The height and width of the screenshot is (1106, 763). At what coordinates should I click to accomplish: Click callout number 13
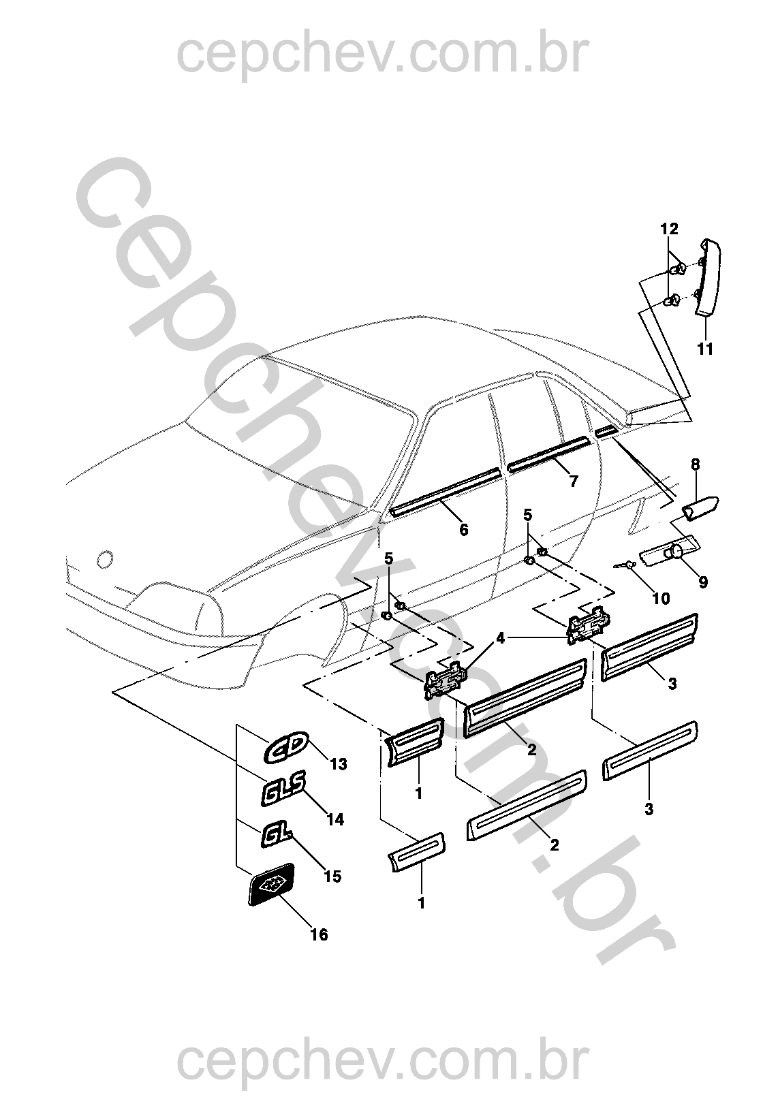(339, 765)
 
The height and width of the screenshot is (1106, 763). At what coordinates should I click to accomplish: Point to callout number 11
(705, 349)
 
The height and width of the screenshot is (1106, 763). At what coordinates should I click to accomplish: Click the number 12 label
(670, 229)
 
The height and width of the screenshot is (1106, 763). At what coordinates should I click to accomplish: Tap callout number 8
(696, 464)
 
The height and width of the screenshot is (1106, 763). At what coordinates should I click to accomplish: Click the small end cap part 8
(701, 508)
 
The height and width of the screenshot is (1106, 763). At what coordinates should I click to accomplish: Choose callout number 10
(661, 599)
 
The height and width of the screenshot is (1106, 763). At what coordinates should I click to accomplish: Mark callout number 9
(703, 582)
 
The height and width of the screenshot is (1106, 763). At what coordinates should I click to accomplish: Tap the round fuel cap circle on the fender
(105, 559)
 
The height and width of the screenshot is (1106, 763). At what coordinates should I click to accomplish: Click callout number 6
(463, 530)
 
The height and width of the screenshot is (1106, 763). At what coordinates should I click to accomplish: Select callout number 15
(332, 876)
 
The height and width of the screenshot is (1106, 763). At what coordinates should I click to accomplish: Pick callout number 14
(335, 820)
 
